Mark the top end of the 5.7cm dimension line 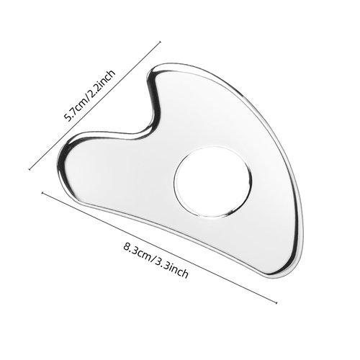tap(159, 41)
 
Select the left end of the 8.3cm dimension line tap(43, 192)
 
